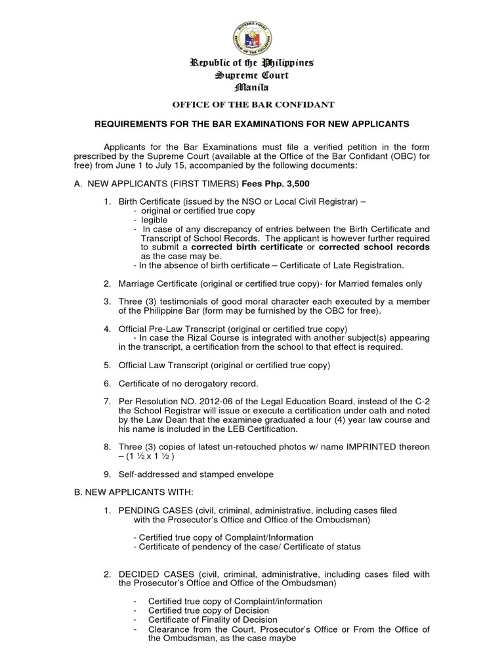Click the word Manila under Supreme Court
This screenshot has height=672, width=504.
pyautogui.click(x=252, y=87)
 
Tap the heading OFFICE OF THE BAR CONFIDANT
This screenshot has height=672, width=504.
pyautogui.click(x=253, y=105)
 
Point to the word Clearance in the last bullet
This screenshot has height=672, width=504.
pyautogui.click(x=169, y=629)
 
